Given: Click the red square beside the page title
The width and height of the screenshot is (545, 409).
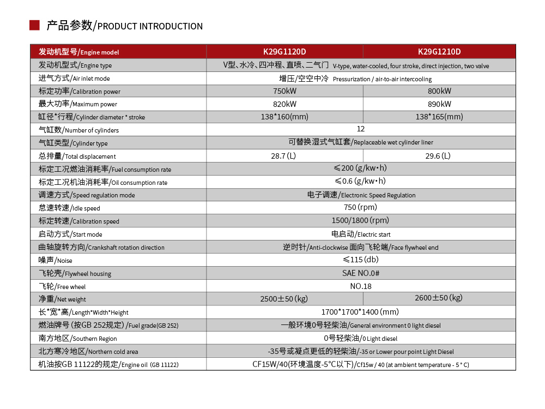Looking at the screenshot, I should coord(34,25).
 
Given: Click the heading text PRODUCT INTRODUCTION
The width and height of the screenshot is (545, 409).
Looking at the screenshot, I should coord(150,26).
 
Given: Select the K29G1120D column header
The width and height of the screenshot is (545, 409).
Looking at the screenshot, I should coord(284,52).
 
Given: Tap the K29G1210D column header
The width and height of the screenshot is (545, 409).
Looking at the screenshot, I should coord(439,52).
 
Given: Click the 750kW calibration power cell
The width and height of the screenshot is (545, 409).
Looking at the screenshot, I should coord(284,91).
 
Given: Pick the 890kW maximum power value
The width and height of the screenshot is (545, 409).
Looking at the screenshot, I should coord(439,104).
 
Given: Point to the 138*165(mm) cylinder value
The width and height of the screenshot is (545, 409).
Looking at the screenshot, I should coord(439,117).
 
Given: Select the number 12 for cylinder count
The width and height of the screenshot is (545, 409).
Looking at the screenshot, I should coord(361,129).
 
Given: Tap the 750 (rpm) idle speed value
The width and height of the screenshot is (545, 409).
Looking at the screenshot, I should coord(361,207).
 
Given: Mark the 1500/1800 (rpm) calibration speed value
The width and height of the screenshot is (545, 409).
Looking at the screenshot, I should coord(361,220).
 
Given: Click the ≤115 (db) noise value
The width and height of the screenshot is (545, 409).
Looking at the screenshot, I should coord(361,260).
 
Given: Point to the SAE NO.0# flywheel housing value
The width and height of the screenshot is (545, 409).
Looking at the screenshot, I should coord(361,273).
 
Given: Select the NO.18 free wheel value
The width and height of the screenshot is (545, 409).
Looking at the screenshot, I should coord(361,286).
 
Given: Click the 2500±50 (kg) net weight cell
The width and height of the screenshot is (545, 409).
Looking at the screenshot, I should coord(284,299).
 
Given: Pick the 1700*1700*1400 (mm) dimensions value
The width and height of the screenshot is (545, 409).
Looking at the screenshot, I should coord(361,312).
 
